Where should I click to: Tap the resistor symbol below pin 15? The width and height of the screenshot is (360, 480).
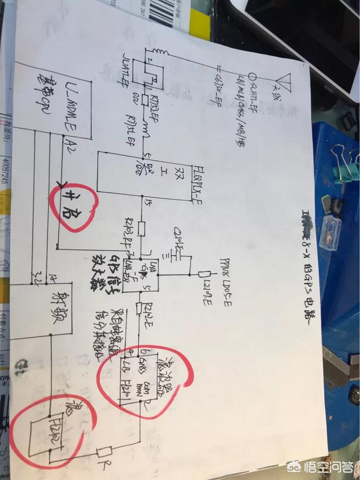(x=142, y=230)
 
